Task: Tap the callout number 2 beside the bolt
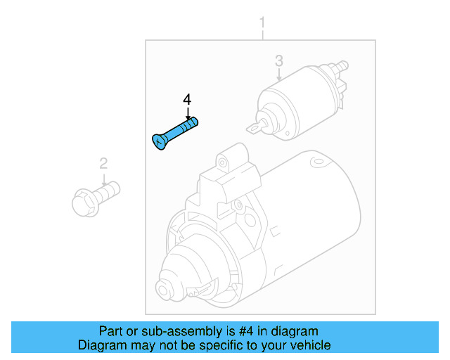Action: (103, 164)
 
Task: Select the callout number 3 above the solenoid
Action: (278, 60)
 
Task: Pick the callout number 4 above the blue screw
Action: (187, 100)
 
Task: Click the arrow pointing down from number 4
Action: (187, 113)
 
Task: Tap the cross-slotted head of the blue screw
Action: (159, 141)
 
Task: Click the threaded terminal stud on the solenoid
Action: (342, 65)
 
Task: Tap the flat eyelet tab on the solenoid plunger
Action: (254, 127)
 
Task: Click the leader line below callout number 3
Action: (278, 75)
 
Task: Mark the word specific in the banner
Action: (219, 345)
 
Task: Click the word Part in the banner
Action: (111, 331)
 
